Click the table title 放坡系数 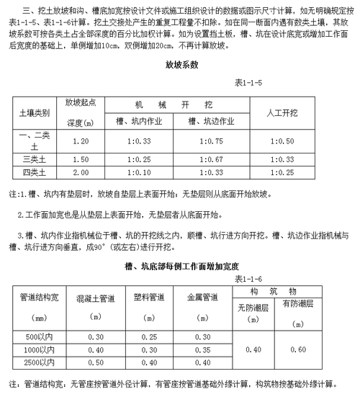(181, 65)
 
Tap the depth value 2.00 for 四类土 (81, 173)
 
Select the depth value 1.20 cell (81, 141)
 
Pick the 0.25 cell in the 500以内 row (150, 337)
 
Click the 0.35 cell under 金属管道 (204, 350)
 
